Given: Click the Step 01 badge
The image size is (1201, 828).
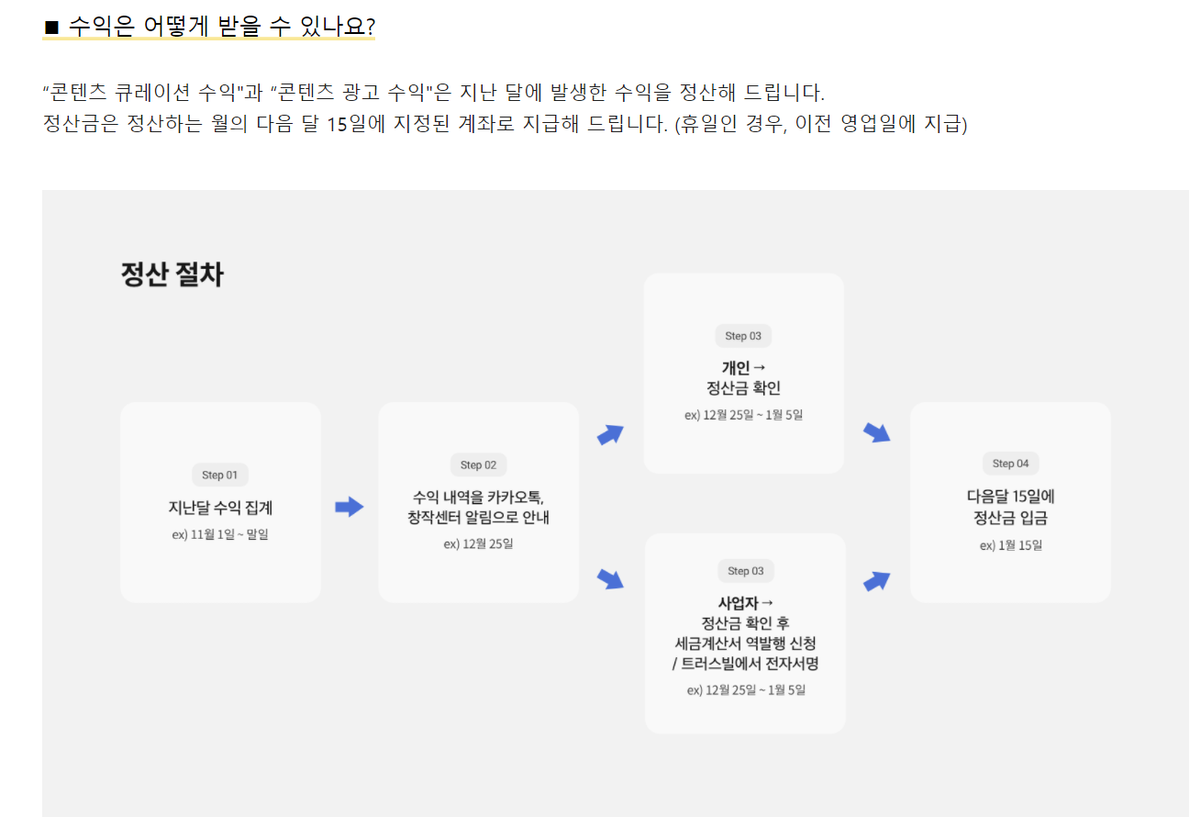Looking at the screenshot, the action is [x=219, y=475].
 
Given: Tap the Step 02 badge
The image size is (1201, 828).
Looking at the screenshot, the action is [x=478, y=464].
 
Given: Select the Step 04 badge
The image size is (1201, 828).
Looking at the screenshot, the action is [x=1010, y=464].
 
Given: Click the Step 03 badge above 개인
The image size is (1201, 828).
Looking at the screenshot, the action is [x=743, y=336].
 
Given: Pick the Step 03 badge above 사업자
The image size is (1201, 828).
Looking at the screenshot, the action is [x=745, y=571].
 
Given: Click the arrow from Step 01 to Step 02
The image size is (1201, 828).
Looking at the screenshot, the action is [x=350, y=507].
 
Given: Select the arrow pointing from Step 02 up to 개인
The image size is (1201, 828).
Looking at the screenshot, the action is [x=610, y=434].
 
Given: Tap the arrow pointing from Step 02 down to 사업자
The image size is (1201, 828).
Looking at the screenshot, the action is [x=610, y=578].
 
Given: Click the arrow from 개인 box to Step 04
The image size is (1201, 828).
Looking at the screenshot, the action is [x=877, y=432].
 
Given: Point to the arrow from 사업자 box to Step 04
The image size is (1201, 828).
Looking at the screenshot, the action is [x=877, y=580].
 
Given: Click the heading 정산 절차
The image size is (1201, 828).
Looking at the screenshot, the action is [x=172, y=274].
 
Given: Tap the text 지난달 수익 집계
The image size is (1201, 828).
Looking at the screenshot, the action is [x=220, y=507].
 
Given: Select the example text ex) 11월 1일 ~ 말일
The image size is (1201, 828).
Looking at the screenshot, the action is [x=220, y=534].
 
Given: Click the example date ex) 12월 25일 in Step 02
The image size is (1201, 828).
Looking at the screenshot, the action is [x=478, y=543].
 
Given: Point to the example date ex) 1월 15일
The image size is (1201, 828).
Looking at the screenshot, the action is [x=1010, y=544].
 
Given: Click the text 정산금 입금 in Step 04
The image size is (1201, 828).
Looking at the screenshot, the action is [x=1010, y=518].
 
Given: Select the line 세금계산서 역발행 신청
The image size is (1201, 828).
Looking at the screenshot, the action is [x=745, y=643].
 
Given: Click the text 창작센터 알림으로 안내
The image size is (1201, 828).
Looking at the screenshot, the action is [x=478, y=518].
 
